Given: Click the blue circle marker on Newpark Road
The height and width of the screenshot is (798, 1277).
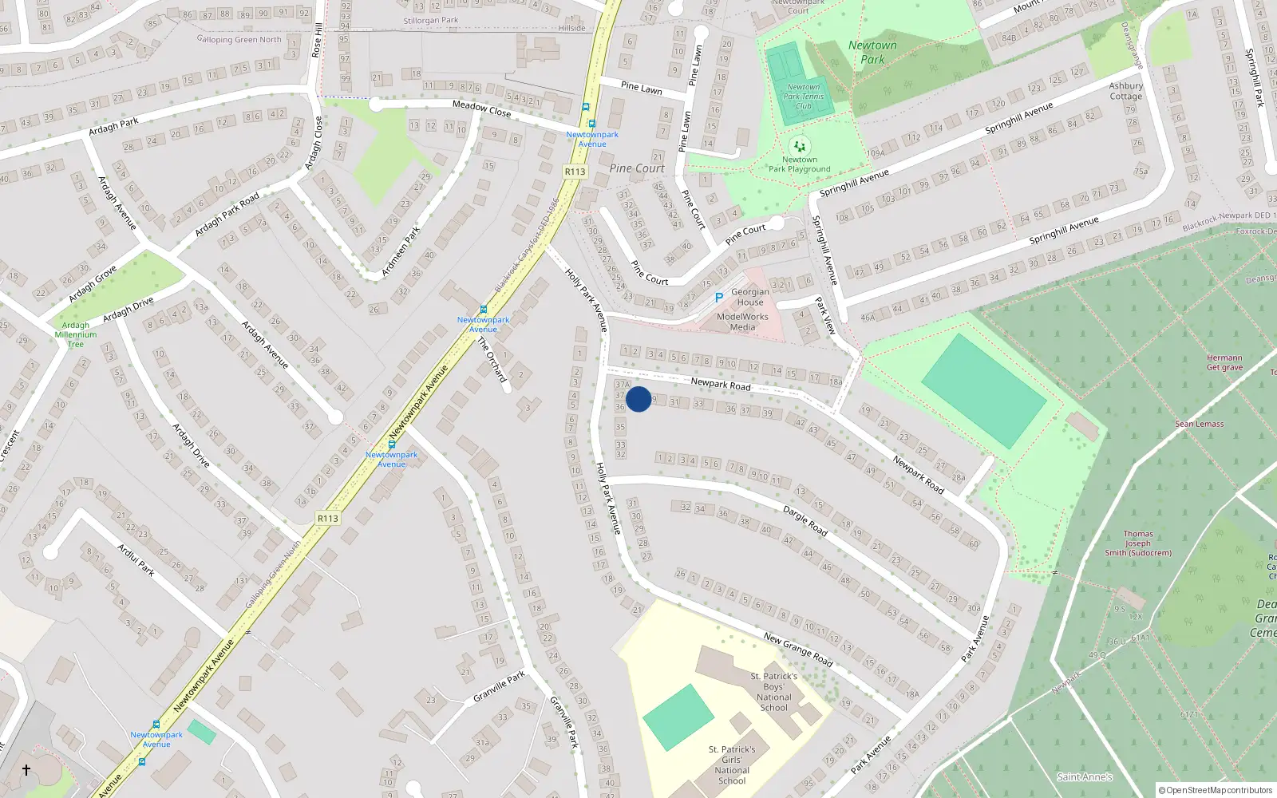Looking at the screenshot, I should click(x=638, y=399).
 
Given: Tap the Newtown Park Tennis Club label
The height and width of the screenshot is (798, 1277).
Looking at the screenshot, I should click(x=803, y=97).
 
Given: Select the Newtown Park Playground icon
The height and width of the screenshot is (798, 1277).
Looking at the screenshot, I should click(x=799, y=146).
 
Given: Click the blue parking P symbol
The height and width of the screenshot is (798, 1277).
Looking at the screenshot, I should click(x=719, y=298).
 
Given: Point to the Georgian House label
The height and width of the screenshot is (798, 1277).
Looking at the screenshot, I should click(x=750, y=297).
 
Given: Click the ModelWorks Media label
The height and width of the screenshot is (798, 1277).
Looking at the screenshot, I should click(x=742, y=322).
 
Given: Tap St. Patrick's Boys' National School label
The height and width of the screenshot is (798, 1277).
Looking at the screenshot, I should click(x=773, y=692).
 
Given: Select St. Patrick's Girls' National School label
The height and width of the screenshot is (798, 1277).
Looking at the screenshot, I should click(x=732, y=764).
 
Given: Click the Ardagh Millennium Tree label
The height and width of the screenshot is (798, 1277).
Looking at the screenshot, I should click(x=76, y=334).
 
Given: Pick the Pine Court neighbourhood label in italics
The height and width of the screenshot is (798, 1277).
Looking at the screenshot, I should click(x=636, y=168).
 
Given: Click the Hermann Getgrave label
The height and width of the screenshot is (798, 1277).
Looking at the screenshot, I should click(x=1224, y=363).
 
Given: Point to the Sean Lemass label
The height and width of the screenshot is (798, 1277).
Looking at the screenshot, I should click(x=1199, y=424).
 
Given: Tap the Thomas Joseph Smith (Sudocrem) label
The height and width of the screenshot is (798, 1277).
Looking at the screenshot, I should click(x=1138, y=543).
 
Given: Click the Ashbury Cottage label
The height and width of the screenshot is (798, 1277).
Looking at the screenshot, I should click(x=1125, y=91).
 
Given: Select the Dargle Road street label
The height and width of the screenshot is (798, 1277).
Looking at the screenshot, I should click(x=805, y=519).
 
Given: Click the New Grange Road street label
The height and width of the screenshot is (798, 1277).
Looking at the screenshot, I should click(x=797, y=650).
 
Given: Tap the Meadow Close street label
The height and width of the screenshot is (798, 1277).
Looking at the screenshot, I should click(x=481, y=109).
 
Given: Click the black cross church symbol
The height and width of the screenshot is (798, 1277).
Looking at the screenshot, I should click(x=26, y=770).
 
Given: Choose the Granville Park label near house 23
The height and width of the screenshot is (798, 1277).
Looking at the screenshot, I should click(x=499, y=687).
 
